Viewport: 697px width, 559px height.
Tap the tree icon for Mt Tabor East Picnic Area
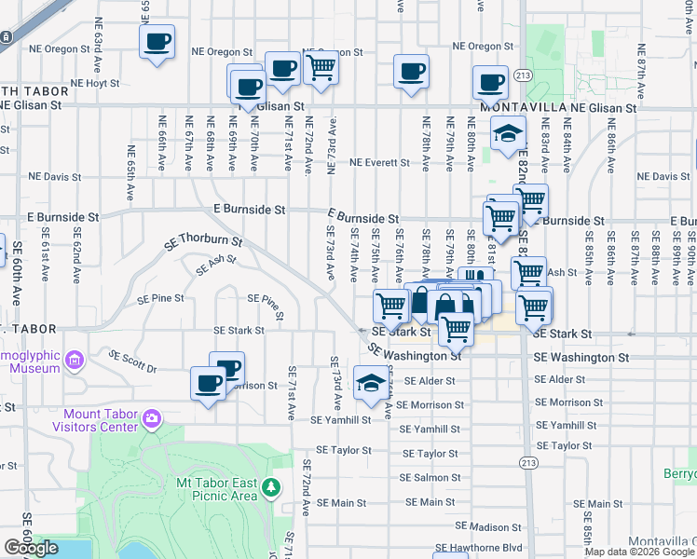pos(271,487)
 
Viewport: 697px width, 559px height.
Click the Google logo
pos(31,548)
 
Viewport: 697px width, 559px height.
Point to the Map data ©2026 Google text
pos(638,552)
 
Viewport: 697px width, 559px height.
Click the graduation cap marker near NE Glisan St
pos(508,136)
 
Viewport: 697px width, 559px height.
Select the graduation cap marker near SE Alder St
pos(372,383)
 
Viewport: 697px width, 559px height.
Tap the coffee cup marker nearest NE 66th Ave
pos(157,42)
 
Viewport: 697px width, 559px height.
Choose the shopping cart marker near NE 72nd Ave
pos(321,66)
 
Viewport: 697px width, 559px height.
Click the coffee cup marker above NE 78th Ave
pos(411,73)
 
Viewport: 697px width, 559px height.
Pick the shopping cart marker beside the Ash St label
pos(528,273)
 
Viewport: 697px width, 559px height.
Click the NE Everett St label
pos(379,162)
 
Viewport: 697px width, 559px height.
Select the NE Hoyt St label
pos(81,83)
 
